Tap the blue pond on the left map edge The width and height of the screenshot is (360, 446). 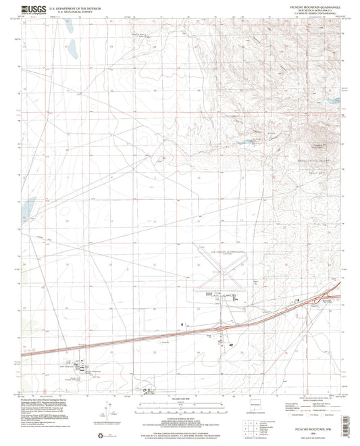pos(28,209)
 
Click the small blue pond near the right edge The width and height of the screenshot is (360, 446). pos(333,101)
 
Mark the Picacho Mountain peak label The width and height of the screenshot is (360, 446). pos(317,144)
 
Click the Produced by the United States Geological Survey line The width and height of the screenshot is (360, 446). pos(47,401)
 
